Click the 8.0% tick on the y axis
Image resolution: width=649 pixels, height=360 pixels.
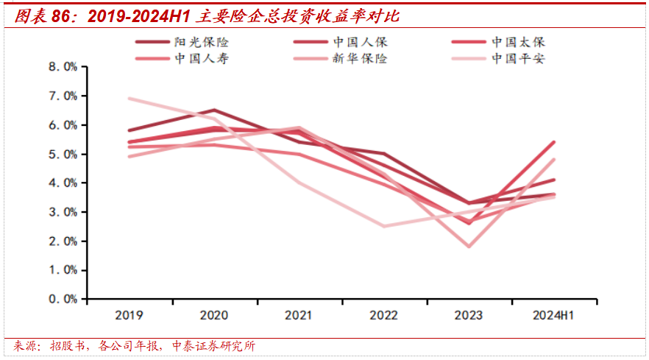point(63,67)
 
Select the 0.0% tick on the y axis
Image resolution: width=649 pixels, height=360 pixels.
point(63,300)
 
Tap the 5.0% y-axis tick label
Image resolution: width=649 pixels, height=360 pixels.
point(63,155)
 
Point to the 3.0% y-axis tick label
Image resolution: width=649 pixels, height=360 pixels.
point(63,212)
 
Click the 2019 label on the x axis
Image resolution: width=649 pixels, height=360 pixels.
point(129,315)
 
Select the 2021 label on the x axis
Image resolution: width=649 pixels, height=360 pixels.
point(299,315)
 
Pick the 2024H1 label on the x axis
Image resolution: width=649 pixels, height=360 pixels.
point(553,315)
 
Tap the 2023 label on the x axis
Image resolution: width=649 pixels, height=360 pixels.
point(469,315)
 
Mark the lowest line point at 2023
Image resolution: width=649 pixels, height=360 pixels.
point(469,247)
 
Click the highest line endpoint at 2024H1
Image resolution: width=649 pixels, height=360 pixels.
point(553,142)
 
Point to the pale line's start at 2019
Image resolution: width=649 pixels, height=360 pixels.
point(129,99)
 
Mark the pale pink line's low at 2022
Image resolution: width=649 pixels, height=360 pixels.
point(383,226)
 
